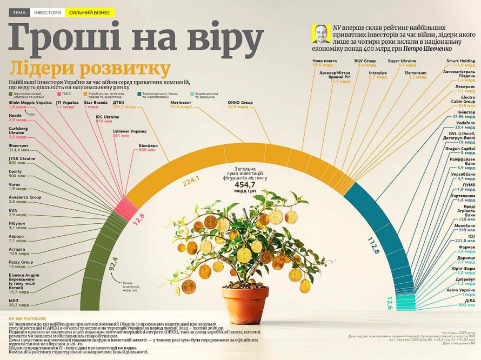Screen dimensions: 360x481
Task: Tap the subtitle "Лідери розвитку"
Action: [90, 69]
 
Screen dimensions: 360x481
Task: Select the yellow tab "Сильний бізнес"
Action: [90, 12]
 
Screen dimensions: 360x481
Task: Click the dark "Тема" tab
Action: [19, 12]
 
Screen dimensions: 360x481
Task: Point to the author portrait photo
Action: [320, 34]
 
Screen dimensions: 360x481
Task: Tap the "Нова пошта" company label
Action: [324, 61]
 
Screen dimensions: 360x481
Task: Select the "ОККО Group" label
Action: [241, 102]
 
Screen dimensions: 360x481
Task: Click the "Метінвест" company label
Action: [181, 102]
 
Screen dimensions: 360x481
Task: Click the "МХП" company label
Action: [14, 299]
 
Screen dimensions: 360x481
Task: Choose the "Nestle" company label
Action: [15, 115]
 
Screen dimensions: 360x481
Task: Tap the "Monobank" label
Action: [464, 225]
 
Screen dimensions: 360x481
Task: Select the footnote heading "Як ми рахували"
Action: [27, 319]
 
